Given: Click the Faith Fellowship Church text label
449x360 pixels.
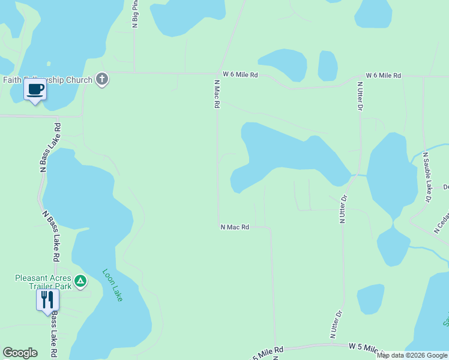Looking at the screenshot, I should click(47, 80).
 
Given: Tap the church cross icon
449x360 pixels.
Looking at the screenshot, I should click(102, 79).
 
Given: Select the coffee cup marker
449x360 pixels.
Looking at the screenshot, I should click(35, 91).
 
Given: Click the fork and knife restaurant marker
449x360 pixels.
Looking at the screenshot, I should click(47, 299).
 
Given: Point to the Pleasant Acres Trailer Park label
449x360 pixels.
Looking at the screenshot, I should click(43, 282).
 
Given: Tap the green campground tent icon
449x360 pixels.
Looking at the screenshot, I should click(81, 280).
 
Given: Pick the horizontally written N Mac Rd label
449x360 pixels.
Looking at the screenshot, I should click(234, 227).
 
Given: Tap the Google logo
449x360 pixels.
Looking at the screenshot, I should click(20, 353).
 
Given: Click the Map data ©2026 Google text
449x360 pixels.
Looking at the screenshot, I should click(412, 355).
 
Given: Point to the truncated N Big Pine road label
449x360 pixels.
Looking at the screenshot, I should click(135, 14).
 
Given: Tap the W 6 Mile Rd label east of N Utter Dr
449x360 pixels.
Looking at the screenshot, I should click(383, 76).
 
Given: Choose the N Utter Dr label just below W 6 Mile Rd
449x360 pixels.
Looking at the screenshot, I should click(360, 97).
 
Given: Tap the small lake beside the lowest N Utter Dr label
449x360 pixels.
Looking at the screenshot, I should click(370, 298).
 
